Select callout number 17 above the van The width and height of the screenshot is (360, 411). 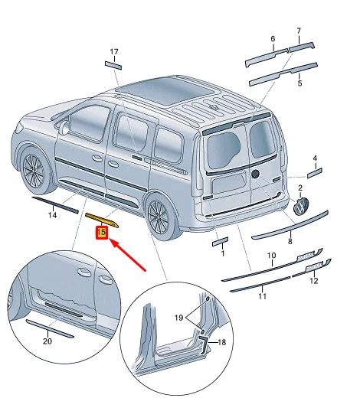[114, 52]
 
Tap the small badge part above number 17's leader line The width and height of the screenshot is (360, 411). [113, 65]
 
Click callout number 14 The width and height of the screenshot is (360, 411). [53, 215]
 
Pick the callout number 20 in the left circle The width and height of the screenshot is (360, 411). [47, 341]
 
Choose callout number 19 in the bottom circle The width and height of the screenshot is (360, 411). [178, 316]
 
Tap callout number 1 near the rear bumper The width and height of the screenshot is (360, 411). [222, 253]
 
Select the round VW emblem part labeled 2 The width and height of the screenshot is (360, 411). [301, 207]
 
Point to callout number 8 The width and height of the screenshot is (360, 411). [290, 241]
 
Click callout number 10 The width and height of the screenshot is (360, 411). [270, 255]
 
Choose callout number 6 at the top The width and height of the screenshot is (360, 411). [272, 38]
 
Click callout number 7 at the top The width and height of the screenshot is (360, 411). [299, 31]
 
